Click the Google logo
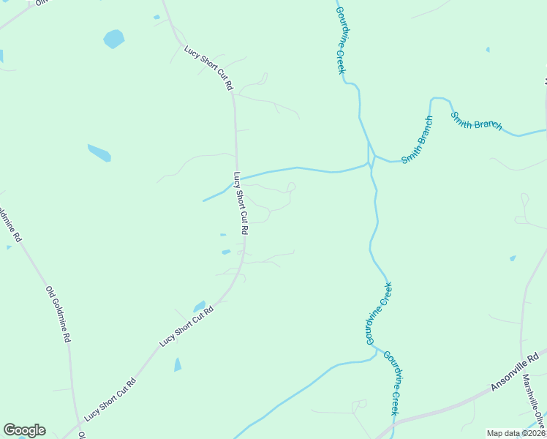24,430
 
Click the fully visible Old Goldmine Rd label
59,314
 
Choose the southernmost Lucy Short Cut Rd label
110,399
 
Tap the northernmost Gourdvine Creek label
340,40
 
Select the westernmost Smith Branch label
417,140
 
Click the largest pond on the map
113,38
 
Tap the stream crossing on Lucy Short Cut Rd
238,179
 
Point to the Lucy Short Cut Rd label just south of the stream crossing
241,203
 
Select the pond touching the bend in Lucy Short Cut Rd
200,306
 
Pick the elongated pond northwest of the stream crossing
99,153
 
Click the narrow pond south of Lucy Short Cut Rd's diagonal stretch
178,364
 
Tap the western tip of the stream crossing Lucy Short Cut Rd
204,200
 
